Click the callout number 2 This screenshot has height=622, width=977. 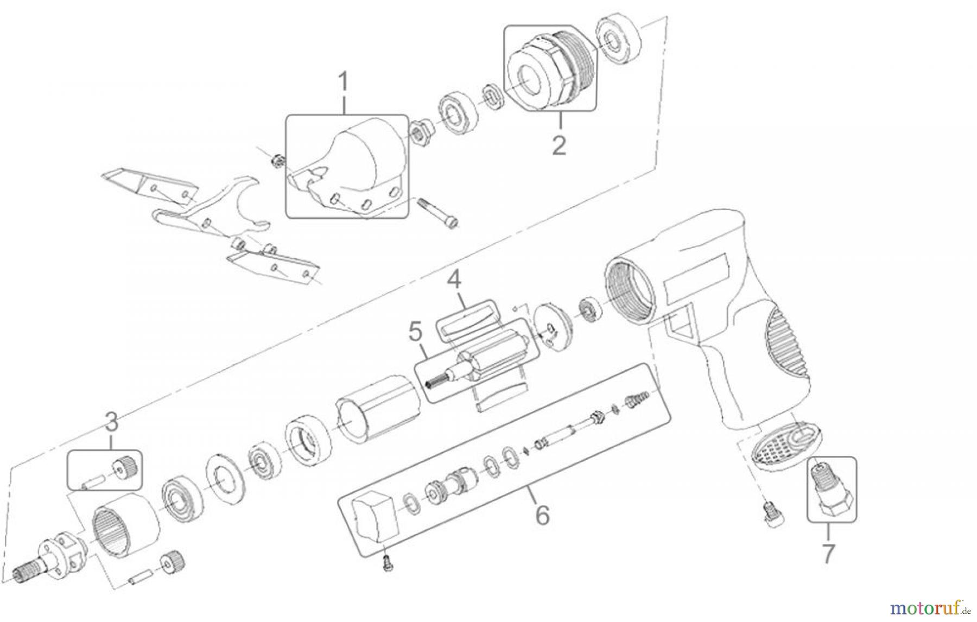pos(559,144)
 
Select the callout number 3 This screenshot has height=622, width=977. pos(112,421)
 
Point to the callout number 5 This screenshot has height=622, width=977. pos(415,331)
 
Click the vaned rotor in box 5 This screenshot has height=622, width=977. pos(478,361)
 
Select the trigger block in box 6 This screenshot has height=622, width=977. pos(375,518)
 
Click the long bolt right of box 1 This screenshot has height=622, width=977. pos(438,215)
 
